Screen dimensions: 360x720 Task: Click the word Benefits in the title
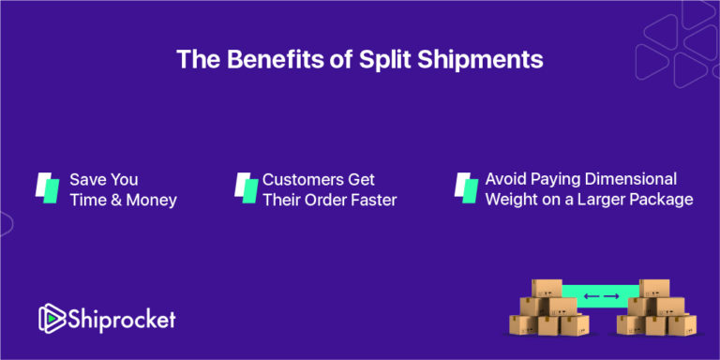pyautogui.click(x=256, y=59)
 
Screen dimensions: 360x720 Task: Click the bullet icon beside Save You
pyautogui.click(x=47, y=187)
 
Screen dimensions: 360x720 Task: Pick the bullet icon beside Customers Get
pyautogui.click(x=246, y=187)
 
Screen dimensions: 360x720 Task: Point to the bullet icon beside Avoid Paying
pyautogui.click(x=466, y=187)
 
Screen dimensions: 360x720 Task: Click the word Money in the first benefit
pyautogui.click(x=149, y=200)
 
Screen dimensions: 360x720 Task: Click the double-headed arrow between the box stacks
pyautogui.click(x=601, y=297)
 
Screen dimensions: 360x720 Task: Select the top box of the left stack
pyautogui.click(x=547, y=288)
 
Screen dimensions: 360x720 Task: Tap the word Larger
pyautogui.click(x=599, y=200)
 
